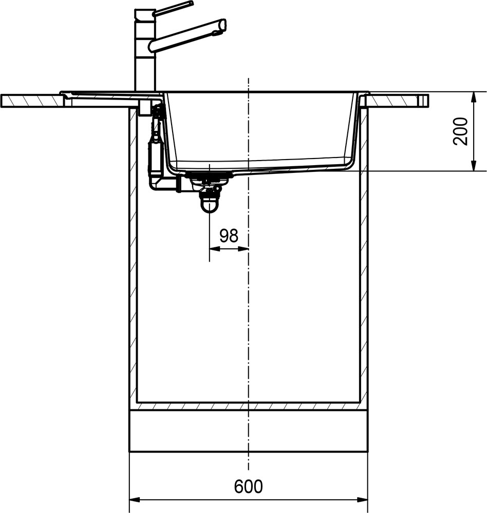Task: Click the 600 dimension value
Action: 249,486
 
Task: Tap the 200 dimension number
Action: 460,131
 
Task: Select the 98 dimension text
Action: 229,235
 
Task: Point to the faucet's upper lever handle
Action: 173,8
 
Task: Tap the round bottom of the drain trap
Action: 209,206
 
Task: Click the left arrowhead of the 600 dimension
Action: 135,500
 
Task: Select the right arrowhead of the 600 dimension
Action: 363,500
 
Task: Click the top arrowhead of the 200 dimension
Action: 474,97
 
